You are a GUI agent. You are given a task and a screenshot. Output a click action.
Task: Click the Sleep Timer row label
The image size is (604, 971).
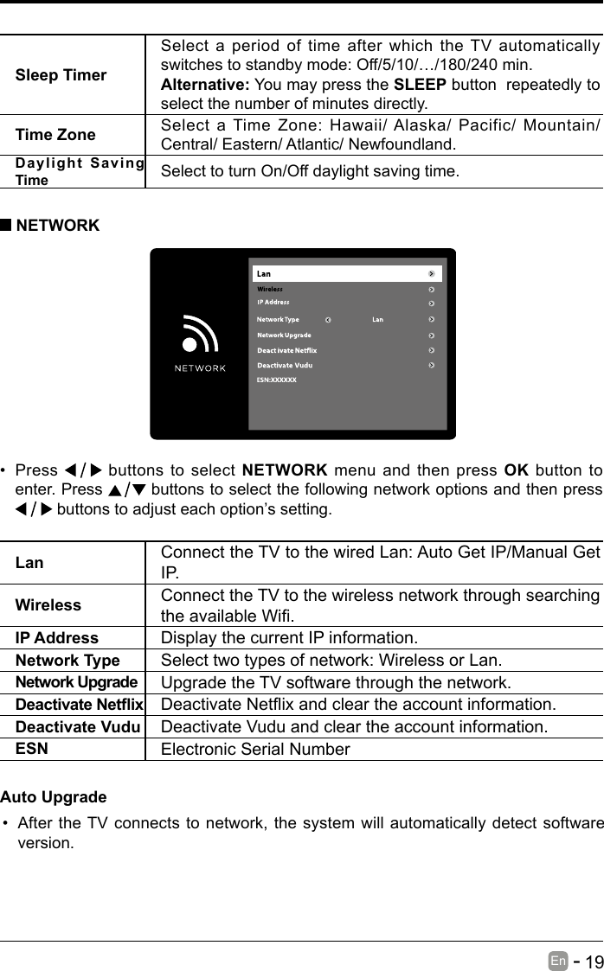61,75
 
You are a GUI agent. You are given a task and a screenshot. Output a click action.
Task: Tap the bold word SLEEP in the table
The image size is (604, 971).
420,85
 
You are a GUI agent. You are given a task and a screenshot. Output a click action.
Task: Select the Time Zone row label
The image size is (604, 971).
55,135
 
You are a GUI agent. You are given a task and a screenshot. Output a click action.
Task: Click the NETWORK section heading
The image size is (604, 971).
57,226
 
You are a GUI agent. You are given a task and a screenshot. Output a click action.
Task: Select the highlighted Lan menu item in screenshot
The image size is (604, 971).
347,274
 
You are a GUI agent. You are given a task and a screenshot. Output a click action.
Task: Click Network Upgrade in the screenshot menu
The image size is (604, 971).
285,335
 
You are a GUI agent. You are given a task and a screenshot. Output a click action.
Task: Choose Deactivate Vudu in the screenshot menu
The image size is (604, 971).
285,365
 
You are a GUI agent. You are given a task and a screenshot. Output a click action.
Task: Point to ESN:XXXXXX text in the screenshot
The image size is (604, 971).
277,380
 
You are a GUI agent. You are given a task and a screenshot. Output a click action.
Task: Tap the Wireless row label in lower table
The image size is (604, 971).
48,605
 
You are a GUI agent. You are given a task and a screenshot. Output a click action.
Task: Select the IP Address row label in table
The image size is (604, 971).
57,638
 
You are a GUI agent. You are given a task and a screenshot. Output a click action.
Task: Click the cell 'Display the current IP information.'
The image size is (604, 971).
288,639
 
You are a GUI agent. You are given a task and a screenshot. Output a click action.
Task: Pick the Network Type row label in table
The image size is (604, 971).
67,661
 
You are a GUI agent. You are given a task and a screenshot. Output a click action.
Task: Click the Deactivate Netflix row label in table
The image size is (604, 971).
80,705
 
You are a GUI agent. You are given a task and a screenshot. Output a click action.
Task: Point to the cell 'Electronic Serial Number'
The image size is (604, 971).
255,750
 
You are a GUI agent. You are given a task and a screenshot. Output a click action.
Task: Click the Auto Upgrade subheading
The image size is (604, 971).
54,796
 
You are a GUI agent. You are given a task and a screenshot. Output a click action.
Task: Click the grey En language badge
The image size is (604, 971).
557,961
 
